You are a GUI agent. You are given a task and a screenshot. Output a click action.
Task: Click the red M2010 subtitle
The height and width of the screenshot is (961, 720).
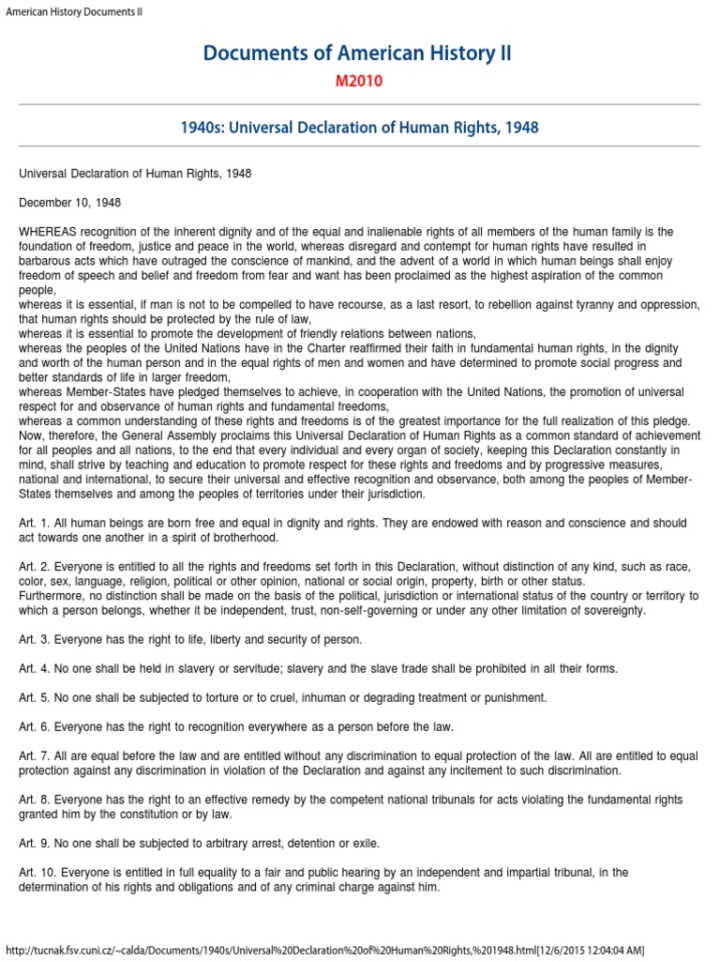pos(359,81)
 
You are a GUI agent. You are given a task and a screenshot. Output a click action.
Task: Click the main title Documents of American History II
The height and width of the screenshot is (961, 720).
pos(359,53)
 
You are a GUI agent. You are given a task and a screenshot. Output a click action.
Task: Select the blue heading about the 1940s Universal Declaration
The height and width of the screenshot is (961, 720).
pos(359,127)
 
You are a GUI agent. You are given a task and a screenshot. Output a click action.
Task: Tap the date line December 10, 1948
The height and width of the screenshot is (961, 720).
pos(69,203)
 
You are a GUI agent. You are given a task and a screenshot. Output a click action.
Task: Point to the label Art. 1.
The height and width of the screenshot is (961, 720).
pos(34,523)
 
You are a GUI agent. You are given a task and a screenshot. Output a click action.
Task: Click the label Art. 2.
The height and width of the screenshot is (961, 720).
pos(34,567)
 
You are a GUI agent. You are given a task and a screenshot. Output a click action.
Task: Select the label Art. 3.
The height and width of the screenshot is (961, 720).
pos(34,640)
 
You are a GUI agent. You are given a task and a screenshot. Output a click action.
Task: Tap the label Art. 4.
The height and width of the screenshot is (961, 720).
pos(34,669)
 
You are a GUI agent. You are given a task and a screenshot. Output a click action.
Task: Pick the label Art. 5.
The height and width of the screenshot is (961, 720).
pos(34,698)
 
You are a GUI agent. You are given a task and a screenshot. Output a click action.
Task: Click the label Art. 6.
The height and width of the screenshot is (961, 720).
pos(34,727)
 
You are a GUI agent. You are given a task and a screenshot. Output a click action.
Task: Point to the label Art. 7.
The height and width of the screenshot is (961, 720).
pos(34,756)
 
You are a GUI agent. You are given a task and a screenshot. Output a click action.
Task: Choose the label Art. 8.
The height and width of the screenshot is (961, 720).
pos(34,800)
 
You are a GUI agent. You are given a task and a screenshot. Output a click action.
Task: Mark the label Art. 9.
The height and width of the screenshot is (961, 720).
pos(34,843)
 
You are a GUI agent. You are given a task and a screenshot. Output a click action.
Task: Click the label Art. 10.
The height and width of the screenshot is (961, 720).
pos(37,873)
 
